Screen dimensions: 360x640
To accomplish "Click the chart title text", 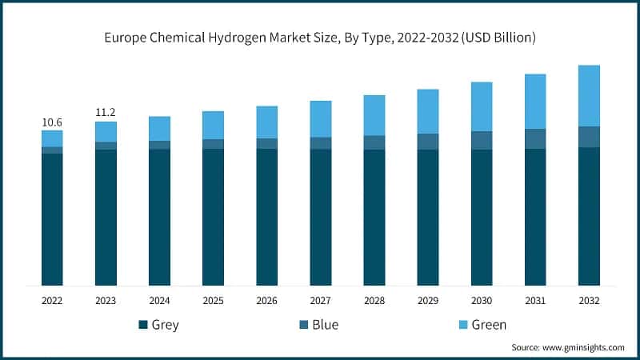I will (x=320, y=38).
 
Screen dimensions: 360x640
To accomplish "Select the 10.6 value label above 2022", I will (x=52, y=122).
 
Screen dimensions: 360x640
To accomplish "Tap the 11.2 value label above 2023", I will (x=106, y=113).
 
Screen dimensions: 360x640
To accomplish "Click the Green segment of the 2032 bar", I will (x=589, y=95).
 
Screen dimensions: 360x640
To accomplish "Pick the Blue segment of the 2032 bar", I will (x=589, y=137).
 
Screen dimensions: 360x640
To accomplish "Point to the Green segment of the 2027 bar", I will (x=320, y=118).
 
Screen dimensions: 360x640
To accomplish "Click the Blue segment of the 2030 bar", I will (x=482, y=140).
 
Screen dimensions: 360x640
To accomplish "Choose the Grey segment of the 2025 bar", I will (x=213, y=217).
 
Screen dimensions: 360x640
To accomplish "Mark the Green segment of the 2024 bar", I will (x=159, y=128).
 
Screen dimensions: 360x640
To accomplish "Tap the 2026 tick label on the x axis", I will (x=266, y=301).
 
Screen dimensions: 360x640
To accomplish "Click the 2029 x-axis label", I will (x=428, y=301).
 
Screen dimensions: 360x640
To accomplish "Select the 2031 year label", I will (x=535, y=301).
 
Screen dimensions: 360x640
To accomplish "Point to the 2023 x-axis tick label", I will (x=106, y=301).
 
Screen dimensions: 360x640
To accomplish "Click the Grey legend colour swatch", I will (x=143, y=325).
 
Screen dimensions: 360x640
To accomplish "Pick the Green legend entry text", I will (x=488, y=325).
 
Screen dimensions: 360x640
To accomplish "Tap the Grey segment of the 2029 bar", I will (x=428, y=217).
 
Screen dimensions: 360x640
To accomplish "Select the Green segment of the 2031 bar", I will (x=535, y=101).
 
